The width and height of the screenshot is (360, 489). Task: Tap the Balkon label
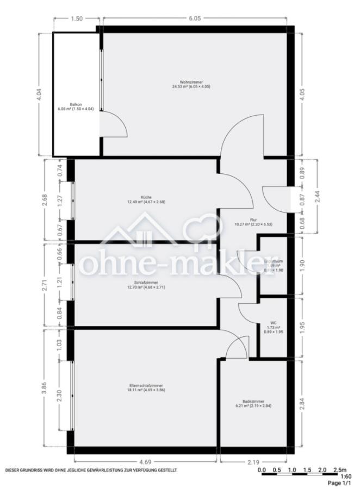coord(76,104)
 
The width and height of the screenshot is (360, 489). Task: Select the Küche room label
coord(146,197)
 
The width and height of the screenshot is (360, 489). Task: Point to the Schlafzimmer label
coord(146,283)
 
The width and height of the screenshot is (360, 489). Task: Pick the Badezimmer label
coord(253,400)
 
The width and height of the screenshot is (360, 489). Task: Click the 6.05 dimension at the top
coord(195,18)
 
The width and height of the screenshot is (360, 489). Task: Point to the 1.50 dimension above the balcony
coord(77,18)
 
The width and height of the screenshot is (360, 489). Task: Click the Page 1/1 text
coord(340,483)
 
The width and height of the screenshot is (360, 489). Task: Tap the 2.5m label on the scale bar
coord(339,469)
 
